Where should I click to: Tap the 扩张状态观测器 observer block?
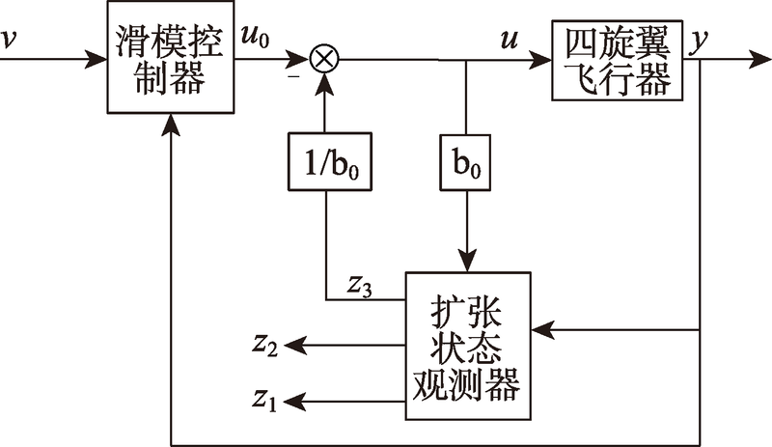tap(468, 346)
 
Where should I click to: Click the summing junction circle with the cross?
tap(325, 60)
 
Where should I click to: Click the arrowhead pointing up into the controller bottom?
tap(171, 127)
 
